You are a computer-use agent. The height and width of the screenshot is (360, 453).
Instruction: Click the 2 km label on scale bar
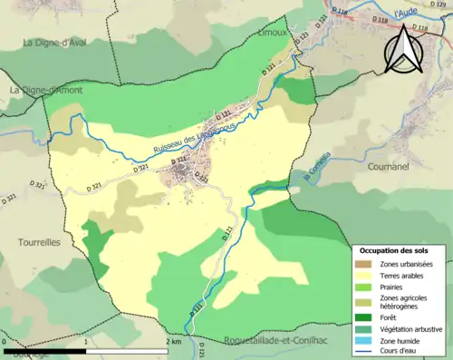[172, 342]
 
